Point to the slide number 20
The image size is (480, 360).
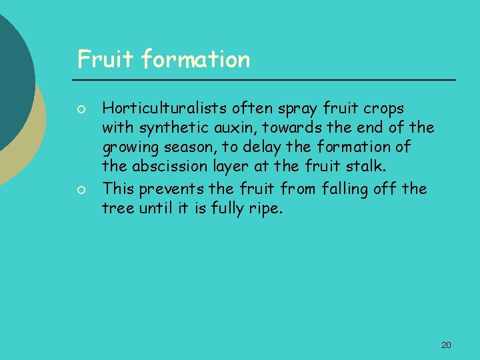(x=446, y=345)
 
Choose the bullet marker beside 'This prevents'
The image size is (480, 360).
(x=80, y=190)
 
